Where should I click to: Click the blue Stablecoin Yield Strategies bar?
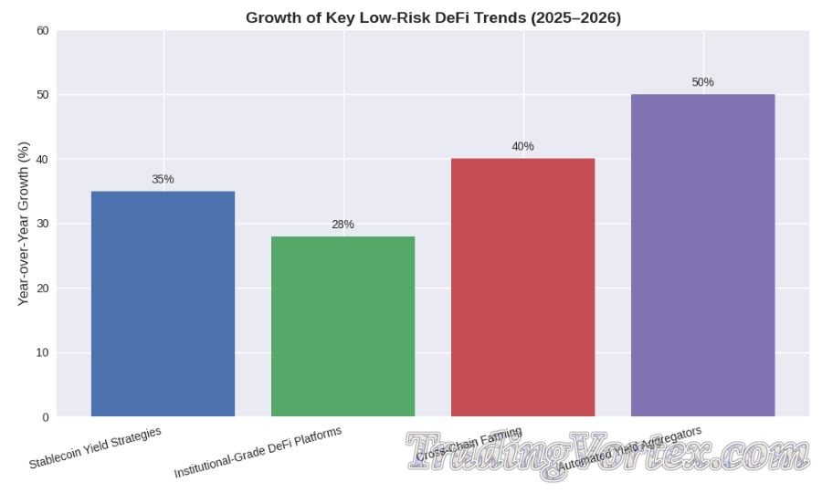click(163, 304)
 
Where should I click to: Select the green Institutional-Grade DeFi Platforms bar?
click(342, 327)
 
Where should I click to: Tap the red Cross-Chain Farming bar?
click(522, 288)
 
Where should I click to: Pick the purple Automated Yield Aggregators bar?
click(702, 256)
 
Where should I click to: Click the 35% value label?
click(163, 180)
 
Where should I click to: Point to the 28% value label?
click(342, 225)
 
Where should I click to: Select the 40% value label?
click(522, 147)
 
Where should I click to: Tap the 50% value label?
click(702, 82)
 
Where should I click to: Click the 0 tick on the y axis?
click(45, 417)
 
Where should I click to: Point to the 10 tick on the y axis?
click(42, 353)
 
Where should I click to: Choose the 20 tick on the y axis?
click(42, 288)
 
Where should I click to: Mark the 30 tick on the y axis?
click(42, 224)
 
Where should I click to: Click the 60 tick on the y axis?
click(42, 30)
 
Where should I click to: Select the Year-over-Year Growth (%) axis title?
click(24, 224)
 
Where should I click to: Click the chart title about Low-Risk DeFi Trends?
click(433, 18)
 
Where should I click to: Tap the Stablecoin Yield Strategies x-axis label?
click(95, 447)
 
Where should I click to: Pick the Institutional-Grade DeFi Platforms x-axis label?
click(258, 452)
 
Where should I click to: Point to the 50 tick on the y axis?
click(42, 95)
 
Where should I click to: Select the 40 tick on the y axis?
click(42, 160)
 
